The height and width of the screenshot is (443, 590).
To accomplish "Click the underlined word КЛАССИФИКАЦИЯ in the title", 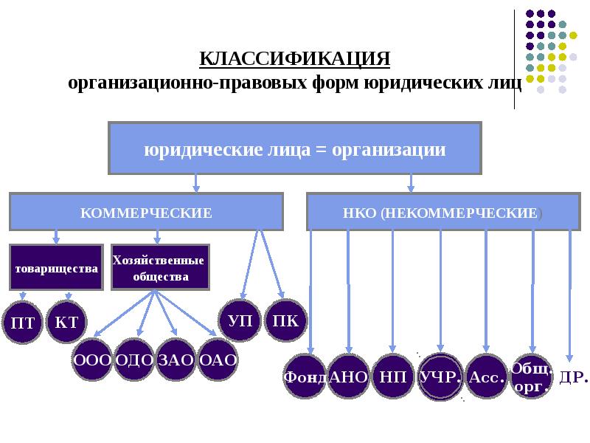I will coord(295,58).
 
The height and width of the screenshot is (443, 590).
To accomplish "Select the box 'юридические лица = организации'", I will coord(295,149).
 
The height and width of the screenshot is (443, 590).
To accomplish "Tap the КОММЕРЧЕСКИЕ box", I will coord(146,213).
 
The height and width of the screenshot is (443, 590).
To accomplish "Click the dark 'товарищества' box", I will coord(56,267).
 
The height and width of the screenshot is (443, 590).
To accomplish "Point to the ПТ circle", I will coord(23,322).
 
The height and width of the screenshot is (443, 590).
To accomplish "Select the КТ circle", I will coord(66,322).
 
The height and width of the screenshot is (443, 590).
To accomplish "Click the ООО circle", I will coord(92,360).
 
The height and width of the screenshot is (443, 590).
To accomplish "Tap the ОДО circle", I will coord(134,360).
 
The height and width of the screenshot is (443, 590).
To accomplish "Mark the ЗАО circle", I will coord(176,360).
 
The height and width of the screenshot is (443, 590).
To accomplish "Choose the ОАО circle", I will coord(218,360).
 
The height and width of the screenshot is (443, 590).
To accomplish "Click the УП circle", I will coord(240,322).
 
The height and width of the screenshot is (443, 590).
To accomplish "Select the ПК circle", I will coord(285,322).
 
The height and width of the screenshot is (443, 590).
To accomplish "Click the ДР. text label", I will coord(574,377).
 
